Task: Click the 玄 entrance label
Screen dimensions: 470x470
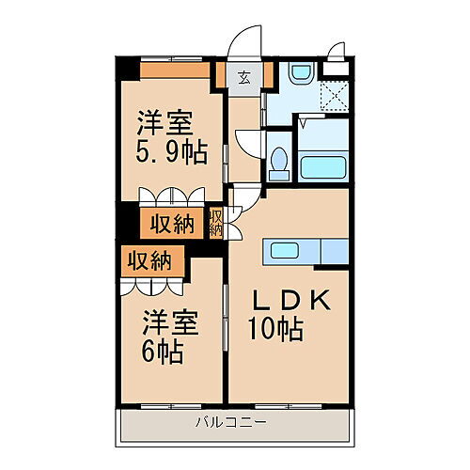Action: [x=243, y=77]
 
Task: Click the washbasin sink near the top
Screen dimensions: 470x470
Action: [x=301, y=71]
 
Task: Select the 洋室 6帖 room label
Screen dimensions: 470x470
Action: [x=169, y=338]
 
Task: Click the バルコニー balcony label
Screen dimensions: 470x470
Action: [x=229, y=421]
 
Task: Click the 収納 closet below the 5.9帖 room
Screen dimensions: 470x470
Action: [x=168, y=224]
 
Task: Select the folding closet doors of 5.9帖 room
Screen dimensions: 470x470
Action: [x=169, y=198]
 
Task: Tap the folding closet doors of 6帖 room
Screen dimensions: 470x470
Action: [x=150, y=283]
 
